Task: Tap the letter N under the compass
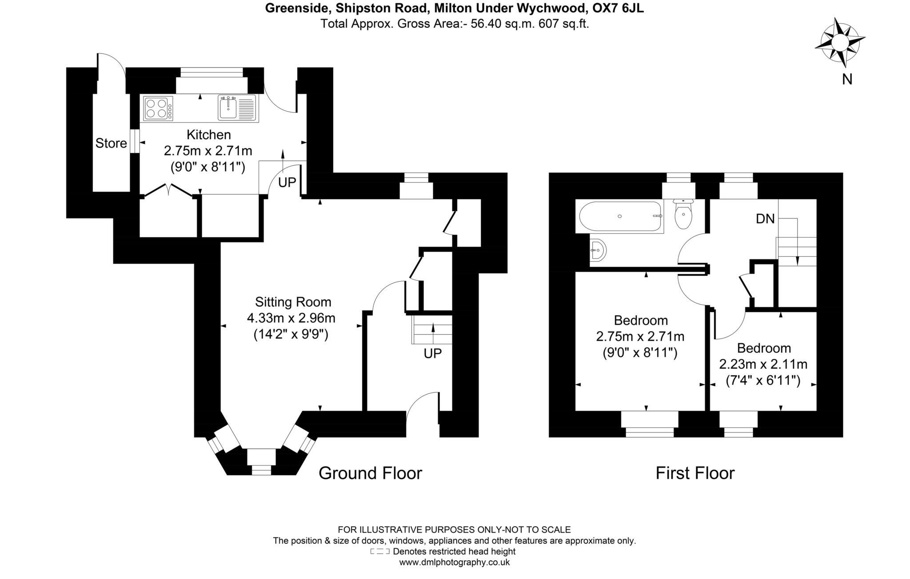847,79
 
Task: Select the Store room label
111,143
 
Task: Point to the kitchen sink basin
228,107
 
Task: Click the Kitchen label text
208,135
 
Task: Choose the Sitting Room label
293,302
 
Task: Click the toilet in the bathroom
683,215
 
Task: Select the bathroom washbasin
597,251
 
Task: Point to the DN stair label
765,219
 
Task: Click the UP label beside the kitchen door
287,182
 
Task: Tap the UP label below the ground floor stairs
432,353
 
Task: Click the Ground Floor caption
370,473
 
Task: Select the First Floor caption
695,473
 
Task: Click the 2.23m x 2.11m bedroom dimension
763,365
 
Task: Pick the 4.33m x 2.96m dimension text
291,318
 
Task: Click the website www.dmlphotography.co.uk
454,563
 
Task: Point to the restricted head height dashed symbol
379,552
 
